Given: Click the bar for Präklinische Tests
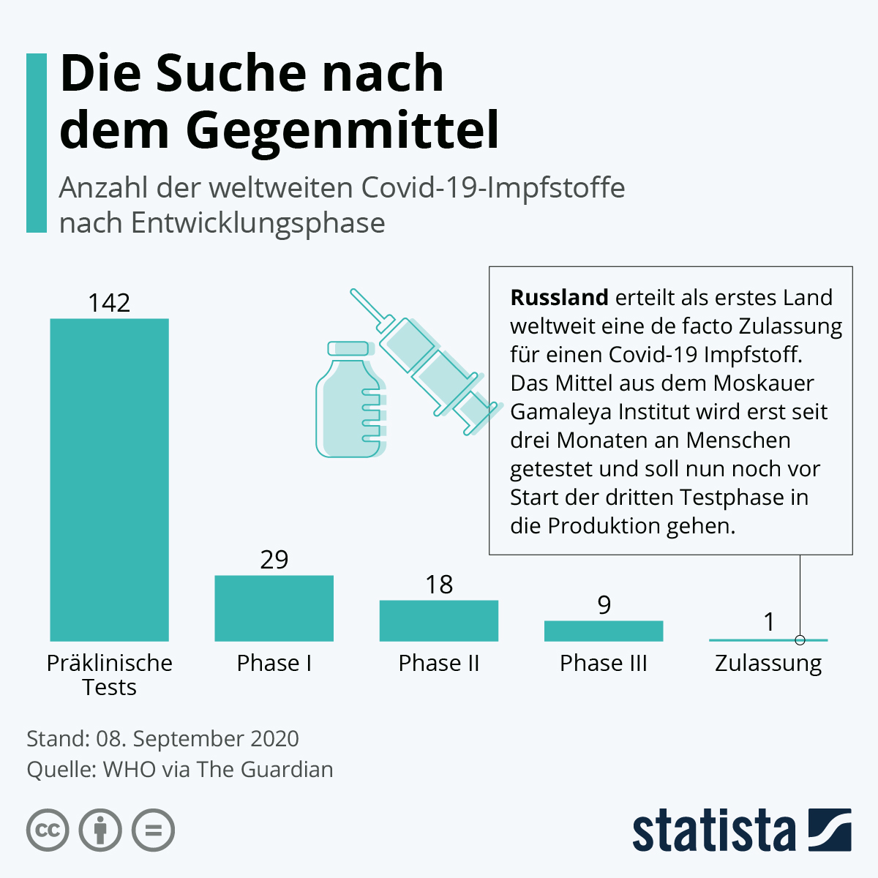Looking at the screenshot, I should (109, 479).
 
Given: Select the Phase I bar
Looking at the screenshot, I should (274, 608).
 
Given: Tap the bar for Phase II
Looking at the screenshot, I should (438, 620).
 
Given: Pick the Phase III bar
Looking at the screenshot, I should (604, 631).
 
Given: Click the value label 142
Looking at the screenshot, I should (109, 303).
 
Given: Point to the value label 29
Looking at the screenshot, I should (274, 560).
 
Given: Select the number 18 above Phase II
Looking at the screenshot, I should (439, 585).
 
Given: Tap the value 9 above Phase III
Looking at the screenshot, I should (604, 605).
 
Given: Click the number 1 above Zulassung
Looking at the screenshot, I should (768, 622).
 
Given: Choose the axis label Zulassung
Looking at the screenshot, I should (768, 664).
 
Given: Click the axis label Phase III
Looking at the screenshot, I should (604, 663).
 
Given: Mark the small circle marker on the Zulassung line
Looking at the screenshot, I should (800, 640).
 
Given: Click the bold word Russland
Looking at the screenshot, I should (559, 298).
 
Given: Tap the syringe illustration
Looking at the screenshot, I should (424, 362).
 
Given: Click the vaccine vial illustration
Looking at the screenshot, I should (350, 402).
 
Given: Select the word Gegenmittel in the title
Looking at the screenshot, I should (342, 130).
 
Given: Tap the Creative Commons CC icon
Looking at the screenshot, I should (48, 830).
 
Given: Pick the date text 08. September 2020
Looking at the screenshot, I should (198, 738).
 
